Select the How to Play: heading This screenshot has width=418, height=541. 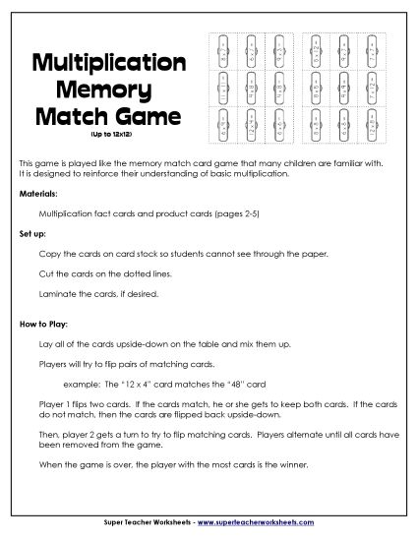pyautogui.click(x=43, y=322)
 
